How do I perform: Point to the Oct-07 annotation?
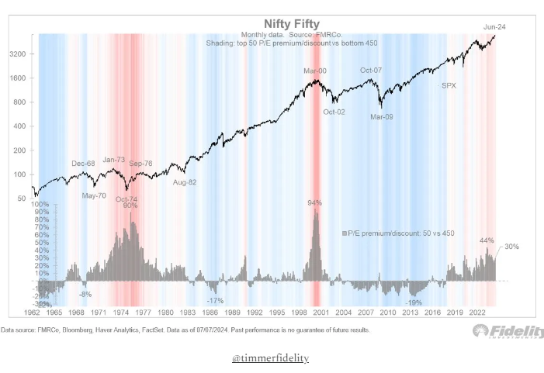pyautogui.click(x=372, y=71)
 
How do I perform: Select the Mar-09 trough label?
pyautogui.click(x=382, y=117)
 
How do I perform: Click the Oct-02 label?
pyautogui.click(x=334, y=112)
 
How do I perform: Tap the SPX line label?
pyautogui.click(x=449, y=85)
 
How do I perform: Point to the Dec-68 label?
pyautogui.click(x=83, y=164)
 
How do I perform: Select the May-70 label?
pyautogui.click(x=95, y=195)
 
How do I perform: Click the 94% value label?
pyautogui.click(x=314, y=203)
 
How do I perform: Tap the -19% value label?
pyautogui.click(x=414, y=302)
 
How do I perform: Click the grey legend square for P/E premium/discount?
pyautogui.click(x=344, y=233)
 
